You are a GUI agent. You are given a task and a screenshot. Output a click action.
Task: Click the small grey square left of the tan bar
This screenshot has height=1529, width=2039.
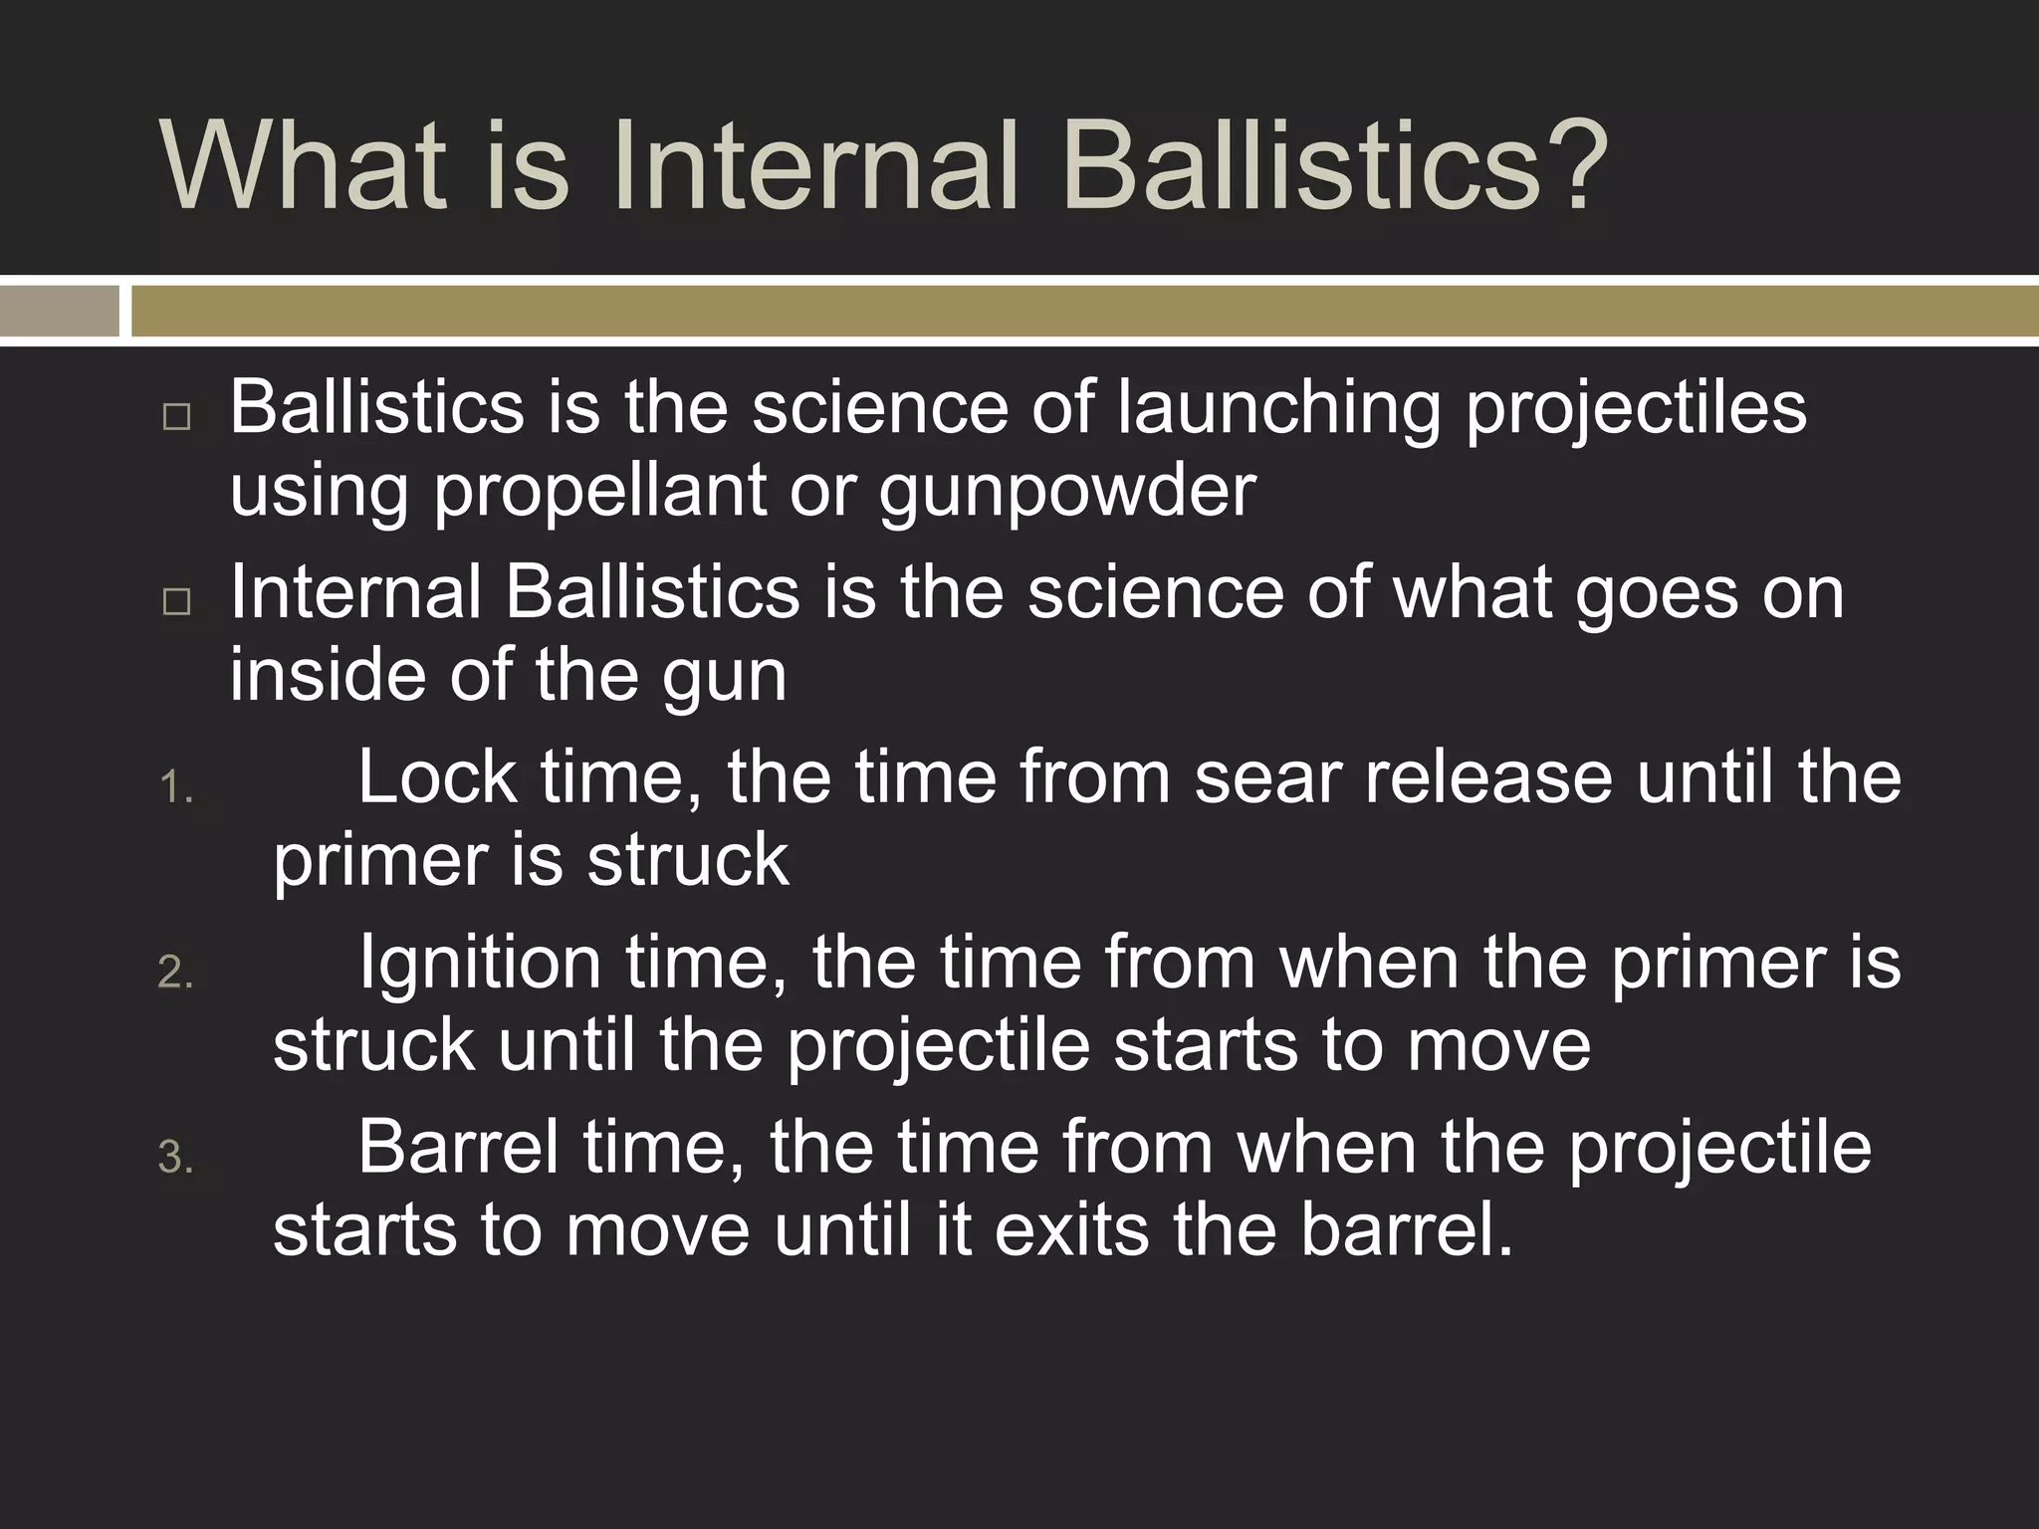60,312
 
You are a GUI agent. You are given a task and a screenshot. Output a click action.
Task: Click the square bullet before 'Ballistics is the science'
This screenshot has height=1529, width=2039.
176,416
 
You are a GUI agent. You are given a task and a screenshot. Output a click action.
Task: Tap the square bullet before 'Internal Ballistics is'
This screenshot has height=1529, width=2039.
176,600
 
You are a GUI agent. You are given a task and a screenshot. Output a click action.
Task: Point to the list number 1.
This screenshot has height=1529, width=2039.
176,788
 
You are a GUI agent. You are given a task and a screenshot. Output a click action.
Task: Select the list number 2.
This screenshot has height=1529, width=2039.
176,973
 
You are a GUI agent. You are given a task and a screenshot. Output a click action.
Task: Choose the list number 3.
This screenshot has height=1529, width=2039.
176,1158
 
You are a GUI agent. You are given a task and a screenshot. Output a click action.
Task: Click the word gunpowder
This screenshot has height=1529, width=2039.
1066,493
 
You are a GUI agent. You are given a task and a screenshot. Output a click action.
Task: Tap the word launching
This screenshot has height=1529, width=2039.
1278,408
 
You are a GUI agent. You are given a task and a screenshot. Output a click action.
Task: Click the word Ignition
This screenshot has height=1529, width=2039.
479,964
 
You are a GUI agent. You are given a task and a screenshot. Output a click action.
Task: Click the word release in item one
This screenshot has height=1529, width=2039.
1486,778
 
